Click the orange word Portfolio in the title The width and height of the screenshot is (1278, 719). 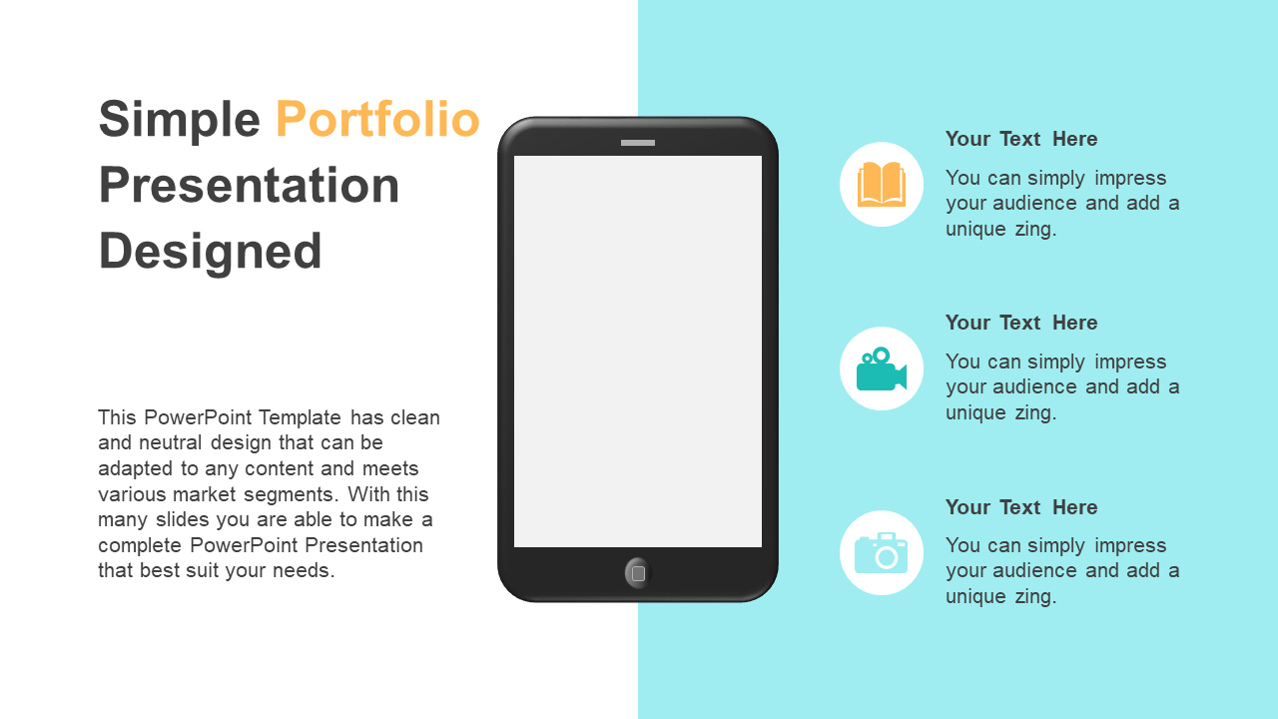click(x=377, y=119)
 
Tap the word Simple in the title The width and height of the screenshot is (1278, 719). click(x=179, y=121)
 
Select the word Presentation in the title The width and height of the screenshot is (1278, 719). click(x=249, y=185)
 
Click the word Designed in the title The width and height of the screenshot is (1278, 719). click(x=210, y=253)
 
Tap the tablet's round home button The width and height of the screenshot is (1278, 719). click(x=638, y=573)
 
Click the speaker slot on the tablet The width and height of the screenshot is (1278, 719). click(x=638, y=143)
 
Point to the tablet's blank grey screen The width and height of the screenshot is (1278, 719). click(x=638, y=352)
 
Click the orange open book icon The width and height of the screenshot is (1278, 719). click(x=882, y=184)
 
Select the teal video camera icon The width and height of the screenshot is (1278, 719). click(x=882, y=369)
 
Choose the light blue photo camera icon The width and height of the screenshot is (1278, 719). click(x=882, y=553)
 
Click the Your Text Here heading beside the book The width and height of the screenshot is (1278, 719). click(x=1021, y=139)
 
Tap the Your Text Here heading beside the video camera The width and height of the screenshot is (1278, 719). click(x=1021, y=323)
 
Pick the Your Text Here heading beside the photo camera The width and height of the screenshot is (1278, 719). click(x=1021, y=507)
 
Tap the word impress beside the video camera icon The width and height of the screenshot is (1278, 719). click(x=1130, y=361)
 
